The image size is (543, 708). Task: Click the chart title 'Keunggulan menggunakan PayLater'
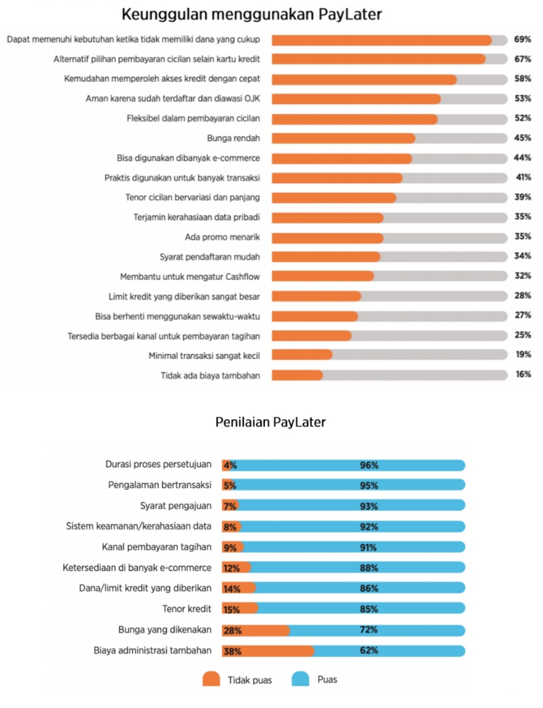click(x=251, y=15)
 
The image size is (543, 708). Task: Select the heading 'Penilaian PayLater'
click(x=270, y=422)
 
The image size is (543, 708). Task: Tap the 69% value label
click(x=522, y=39)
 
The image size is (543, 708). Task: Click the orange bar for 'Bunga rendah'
click(x=343, y=138)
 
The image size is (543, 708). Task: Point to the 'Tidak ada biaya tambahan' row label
click(x=210, y=376)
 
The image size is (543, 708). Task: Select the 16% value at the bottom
click(x=523, y=374)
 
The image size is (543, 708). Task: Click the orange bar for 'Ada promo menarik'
click(x=327, y=238)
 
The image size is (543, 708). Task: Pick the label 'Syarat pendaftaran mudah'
click(x=210, y=257)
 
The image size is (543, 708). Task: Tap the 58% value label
click(x=522, y=79)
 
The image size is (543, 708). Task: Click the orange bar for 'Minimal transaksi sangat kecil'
click(x=302, y=355)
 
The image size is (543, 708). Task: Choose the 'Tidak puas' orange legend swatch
click(x=211, y=679)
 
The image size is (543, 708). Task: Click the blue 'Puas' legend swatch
click(x=300, y=679)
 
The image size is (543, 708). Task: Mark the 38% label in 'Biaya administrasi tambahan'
click(x=232, y=651)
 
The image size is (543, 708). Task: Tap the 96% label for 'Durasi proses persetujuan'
click(x=369, y=465)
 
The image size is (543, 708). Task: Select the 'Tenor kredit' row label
click(x=187, y=609)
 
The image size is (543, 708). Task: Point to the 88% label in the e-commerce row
click(x=369, y=568)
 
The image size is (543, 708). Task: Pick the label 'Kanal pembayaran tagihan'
click(x=157, y=547)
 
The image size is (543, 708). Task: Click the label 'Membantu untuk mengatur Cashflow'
click(x=190, y=276)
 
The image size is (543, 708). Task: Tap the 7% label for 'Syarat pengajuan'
click(x=230, y=506)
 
